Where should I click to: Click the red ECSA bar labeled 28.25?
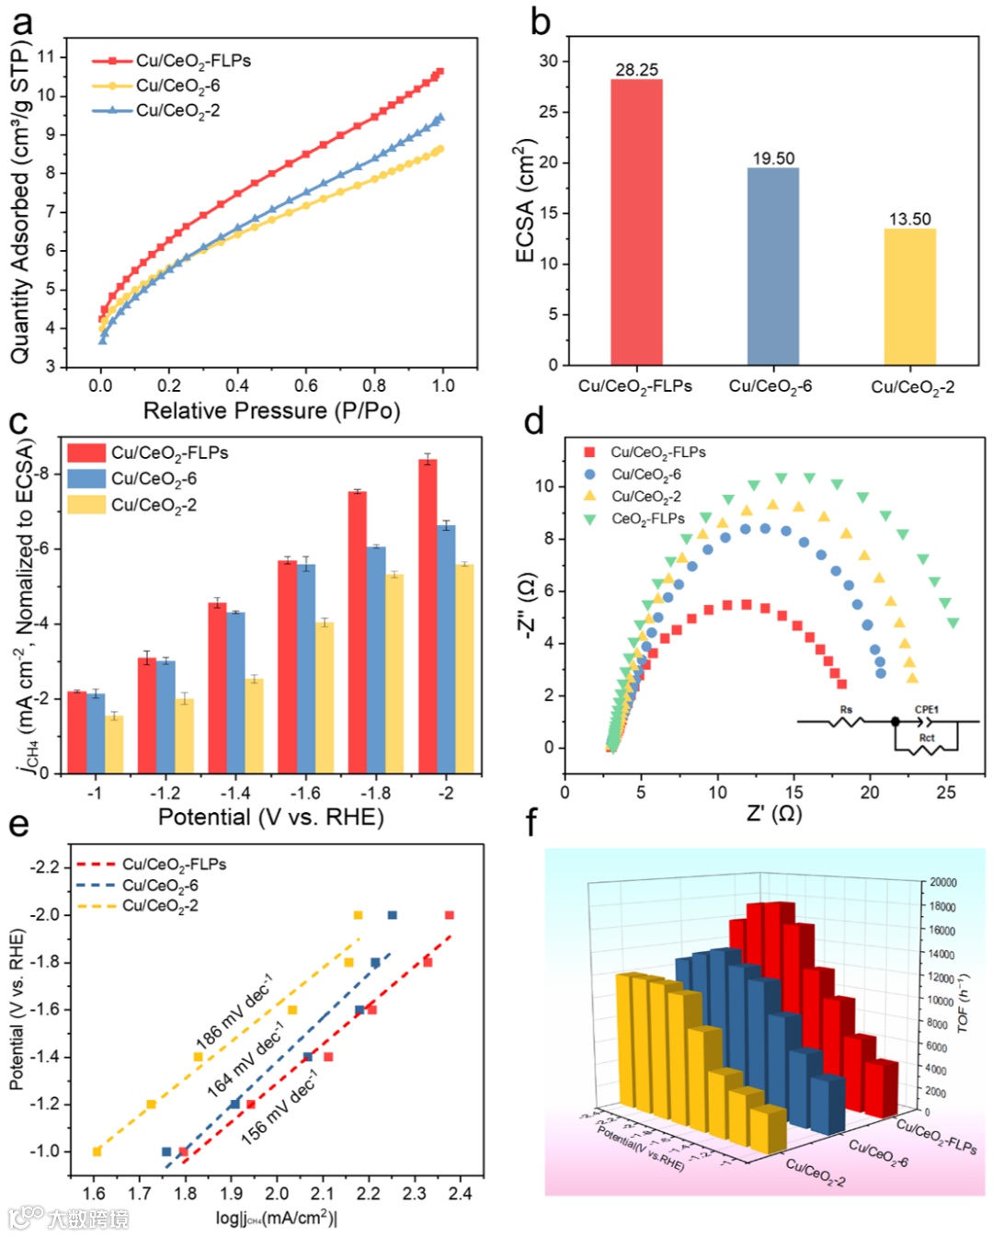point(636,223)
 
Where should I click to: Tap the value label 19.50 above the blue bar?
point(773,158)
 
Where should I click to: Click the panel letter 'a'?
point(21,22)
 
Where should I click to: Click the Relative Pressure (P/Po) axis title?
point(271,410)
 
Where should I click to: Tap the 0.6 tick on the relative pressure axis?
point(306,385)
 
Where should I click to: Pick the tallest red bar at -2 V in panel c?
point(428,615)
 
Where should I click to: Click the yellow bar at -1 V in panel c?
point(114,744)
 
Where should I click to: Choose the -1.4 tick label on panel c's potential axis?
point(234,793)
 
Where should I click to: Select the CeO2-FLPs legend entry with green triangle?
point(648,519)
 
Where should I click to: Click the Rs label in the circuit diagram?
point(846,710)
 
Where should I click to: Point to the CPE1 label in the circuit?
point(926,709)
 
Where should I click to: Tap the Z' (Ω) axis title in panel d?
point(773,814)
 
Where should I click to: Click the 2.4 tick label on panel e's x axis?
point(460,1194)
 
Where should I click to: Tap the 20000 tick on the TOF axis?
point(943,882)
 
